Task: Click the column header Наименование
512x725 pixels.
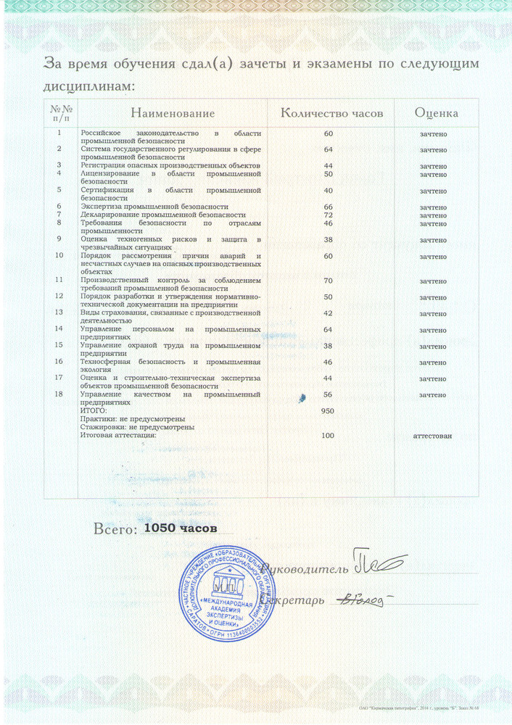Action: click(x=173, y=114)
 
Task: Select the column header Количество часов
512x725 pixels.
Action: click(x=331, y=114)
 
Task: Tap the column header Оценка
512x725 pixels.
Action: click(x=436, y=114)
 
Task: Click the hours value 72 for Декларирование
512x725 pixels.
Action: click(x=328, y=215)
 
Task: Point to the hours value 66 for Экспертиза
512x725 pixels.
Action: click(x=328, y=207)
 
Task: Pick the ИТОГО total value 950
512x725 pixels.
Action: click(x=328, y=411)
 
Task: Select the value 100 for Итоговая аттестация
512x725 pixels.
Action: click(x=328, y=436)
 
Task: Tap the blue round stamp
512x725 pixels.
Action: click(x=228, y=592)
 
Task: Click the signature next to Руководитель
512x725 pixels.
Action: click(x=377, y=562)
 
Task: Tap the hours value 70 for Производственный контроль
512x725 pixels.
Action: click(x=328, y=281)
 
